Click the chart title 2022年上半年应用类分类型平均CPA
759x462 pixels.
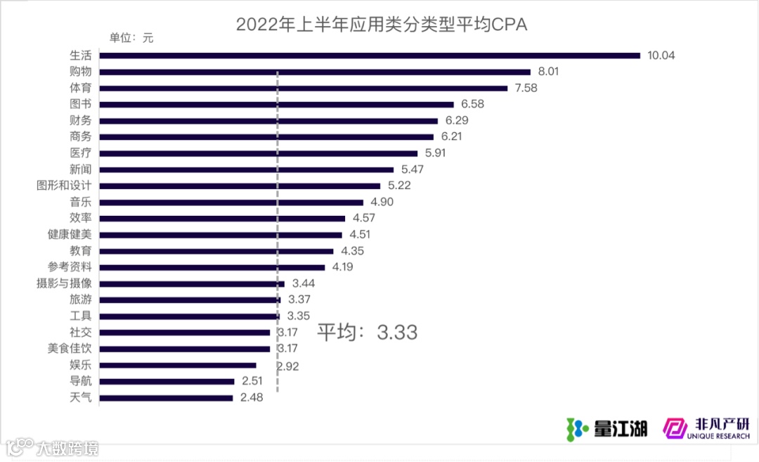(x=382, y=25)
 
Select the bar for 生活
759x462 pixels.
(x=370, y=56)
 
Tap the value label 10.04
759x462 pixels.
(x=661, y=56)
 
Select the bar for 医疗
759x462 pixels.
(x=259, y=153)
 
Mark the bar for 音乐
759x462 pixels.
(x=231, y=202)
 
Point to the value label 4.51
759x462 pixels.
(x=364, y=235)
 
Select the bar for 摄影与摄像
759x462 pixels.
(x=192, y=283)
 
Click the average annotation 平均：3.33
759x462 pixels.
(x=367, y=332)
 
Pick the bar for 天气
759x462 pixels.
(x=166, y=398)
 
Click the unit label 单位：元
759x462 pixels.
(x=130, y=38)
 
